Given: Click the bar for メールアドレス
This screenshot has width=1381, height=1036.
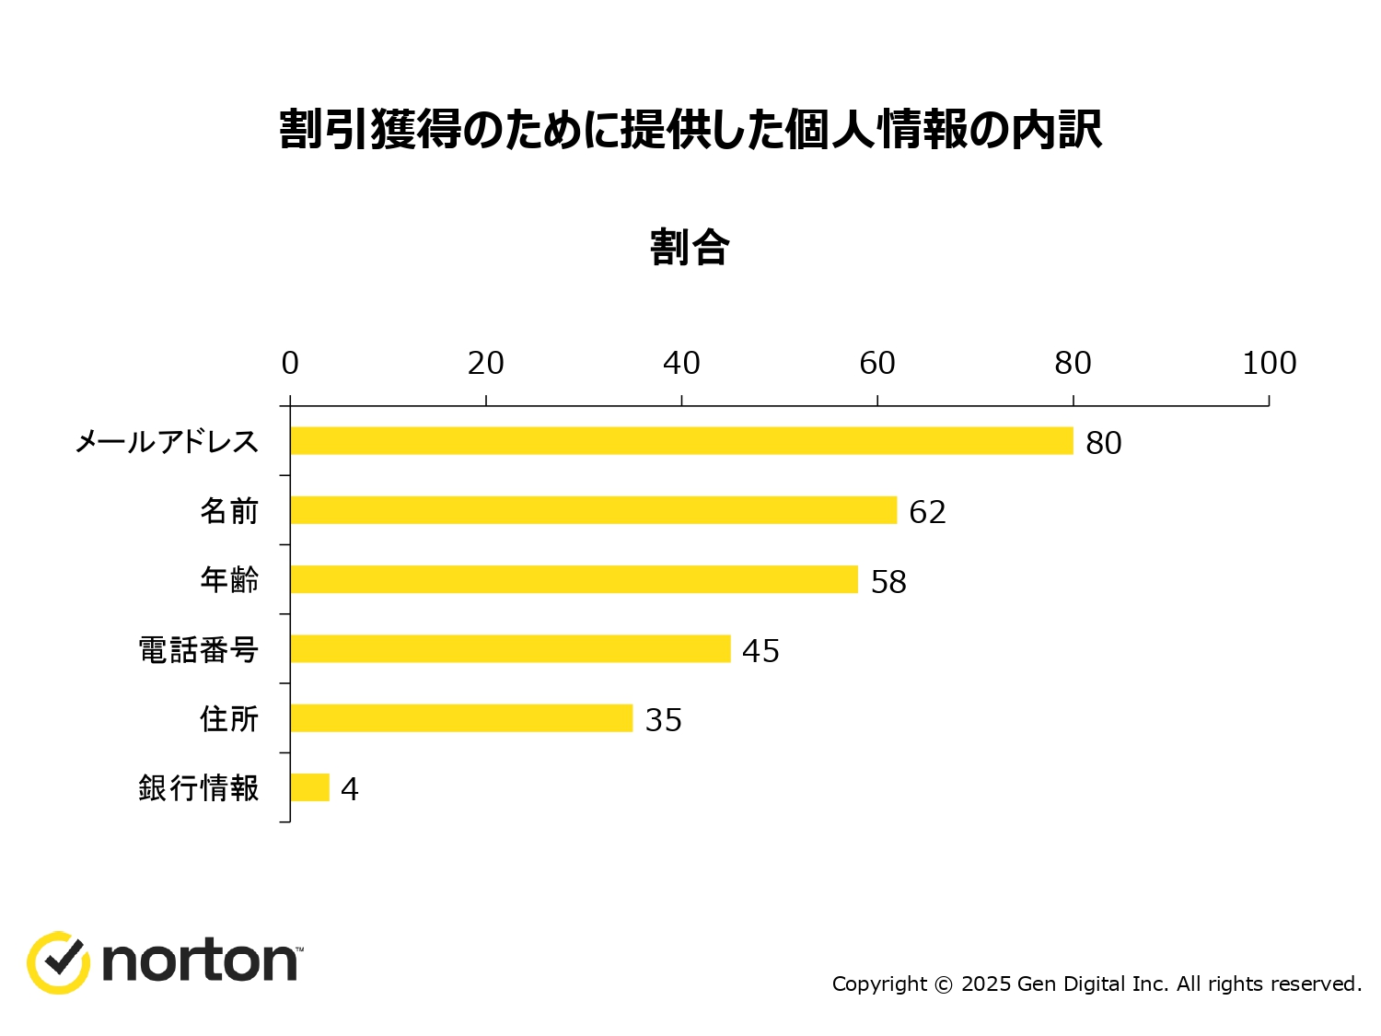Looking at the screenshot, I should pyautogui.click(x=681, y=441).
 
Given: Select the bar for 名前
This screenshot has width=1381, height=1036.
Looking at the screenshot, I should pyautogui.click(x=593, y=510).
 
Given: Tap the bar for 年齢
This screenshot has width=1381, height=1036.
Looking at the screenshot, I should pyautogui.click(x=574, y=579).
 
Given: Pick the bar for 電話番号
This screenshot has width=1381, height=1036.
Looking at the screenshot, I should pyautogui.click(x=510, y=648).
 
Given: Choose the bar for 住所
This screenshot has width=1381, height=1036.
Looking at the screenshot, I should pyautogui.click(x=461, y=718).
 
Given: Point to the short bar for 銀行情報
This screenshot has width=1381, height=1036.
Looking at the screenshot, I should pyautogui.click(x=309, y=787).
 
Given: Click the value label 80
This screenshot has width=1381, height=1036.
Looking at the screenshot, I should pyautogui.click(x=1103, y=443).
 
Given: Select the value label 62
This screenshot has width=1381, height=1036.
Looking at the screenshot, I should pyautogui.click(x=927, y=512).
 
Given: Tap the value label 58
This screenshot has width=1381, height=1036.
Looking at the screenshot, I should pyautogui.click(x=888, y=582).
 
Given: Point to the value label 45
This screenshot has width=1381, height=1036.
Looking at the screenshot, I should pyautogui.click(x=760, y=651).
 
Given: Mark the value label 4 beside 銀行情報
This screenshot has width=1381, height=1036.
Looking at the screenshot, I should pyautogui.click(x=349, y=789).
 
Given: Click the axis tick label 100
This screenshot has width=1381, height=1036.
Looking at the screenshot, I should pyautogui.click(x=1269, y=364).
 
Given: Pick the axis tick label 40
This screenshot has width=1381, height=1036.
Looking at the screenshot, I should pyautogui.click(x=681, y=364).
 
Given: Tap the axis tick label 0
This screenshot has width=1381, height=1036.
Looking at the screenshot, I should pyautogui.click(x=290, y=364).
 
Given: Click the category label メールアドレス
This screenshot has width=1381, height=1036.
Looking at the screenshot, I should pyautogui.click(x=167, y=442).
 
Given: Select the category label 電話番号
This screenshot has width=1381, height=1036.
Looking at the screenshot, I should pyautogui.click(x=198, y=650).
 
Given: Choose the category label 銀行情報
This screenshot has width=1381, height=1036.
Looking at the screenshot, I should pyautogui.click(x=198, y=788).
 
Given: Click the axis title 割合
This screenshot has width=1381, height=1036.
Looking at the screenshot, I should pyautogui.click(x=690, y=248).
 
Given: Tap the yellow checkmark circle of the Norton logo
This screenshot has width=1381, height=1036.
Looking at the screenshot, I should pyautogui.click(x=58, y=962).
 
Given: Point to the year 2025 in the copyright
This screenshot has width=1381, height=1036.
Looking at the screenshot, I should pyautogui.click(x=986, y=984).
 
